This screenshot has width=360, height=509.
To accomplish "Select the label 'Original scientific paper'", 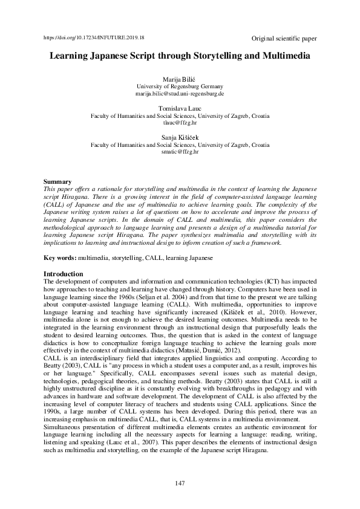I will (284, 39).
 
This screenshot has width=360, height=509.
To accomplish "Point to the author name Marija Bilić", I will (180, 80).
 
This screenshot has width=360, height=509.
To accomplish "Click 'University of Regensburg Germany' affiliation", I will (180, 87).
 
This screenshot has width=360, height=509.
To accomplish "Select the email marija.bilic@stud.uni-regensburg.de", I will (180, 94).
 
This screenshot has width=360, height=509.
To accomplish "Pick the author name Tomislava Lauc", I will (180, 108).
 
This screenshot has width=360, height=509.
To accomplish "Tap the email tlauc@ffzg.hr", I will (180, 122).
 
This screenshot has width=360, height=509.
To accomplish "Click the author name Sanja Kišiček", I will (180, 138).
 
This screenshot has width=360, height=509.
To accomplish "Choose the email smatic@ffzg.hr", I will (180, 152).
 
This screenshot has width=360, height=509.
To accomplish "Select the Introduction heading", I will (64, 274).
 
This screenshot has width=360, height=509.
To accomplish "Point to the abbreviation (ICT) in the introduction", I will (255, 282).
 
